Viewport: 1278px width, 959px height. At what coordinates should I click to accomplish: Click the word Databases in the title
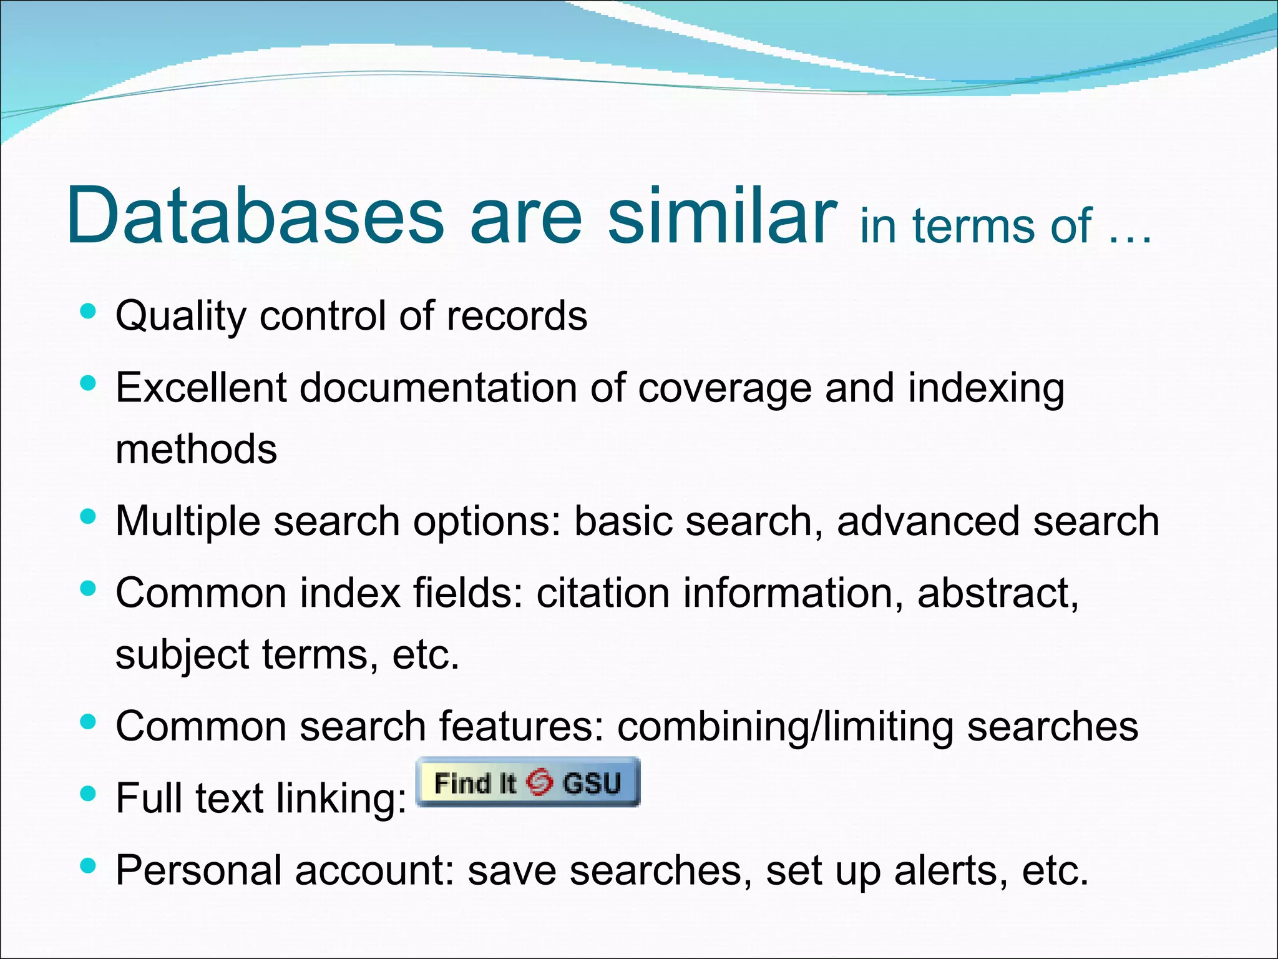pos(255,215)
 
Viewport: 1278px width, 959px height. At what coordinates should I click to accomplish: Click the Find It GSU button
pos(528,782)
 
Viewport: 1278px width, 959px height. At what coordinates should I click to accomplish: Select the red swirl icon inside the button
pos(539,782)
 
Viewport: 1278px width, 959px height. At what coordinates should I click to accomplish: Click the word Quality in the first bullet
pos(181,317)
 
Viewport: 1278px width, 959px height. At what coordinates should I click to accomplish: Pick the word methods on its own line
pos(196,449)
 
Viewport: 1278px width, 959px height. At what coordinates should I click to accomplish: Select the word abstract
pos(997,593)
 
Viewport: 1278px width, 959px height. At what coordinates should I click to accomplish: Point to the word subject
pos(182,655)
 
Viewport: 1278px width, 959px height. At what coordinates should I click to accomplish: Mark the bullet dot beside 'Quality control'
pos(88,311)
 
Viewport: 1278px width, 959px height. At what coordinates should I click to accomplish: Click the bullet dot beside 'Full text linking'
pos(88,794)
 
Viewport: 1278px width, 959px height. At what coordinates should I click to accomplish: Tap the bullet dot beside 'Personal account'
pos(88,865)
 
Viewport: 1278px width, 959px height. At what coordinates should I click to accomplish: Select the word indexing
pos(986,389)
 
